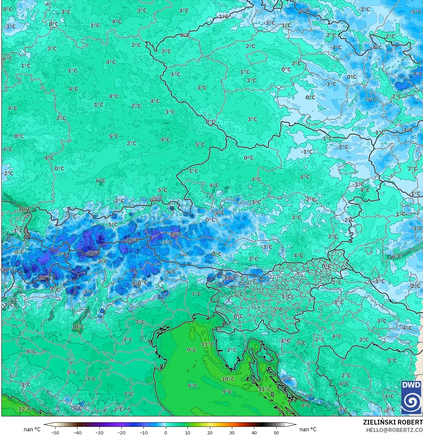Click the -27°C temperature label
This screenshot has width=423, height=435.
(45, 278)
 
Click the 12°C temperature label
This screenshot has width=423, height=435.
(25, 409)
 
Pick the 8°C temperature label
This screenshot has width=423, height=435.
(306, 405)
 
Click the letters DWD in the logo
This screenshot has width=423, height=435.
(411, 385)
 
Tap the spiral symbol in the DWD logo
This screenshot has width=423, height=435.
(411, 402)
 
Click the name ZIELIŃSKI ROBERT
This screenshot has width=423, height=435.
(393, 422)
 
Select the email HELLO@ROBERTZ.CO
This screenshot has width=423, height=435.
(394, 430)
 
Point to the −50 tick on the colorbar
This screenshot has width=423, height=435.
(55, 432)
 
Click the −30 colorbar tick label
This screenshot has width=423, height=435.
(99, 432)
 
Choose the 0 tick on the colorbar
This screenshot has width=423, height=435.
(166, 432)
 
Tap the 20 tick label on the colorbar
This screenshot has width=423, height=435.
(210, 432)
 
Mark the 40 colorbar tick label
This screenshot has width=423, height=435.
(254, 432)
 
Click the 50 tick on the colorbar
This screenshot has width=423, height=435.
(276, 432)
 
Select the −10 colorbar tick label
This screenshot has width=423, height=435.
(143, 432)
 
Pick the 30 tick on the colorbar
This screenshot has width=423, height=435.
(232, 432)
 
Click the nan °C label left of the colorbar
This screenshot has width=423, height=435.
(32, 429)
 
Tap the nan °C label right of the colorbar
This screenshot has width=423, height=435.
(308, 429)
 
